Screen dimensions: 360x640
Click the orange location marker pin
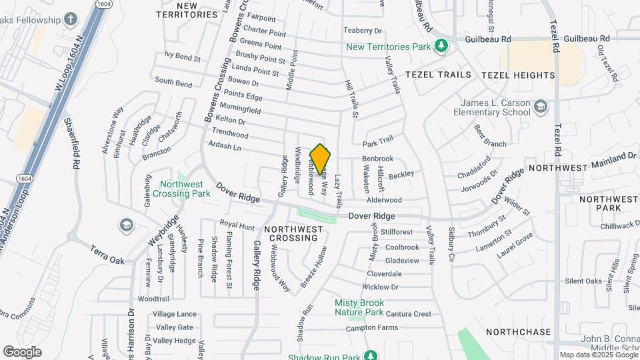point(320,159)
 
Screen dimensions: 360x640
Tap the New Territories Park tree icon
point(441,47)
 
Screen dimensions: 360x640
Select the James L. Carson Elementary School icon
point(541,106)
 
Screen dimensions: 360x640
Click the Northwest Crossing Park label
point(181,189)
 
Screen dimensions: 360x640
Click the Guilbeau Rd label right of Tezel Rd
point(587,39)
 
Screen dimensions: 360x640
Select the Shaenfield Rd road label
point(72,143)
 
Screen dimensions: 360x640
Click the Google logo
point(22,351)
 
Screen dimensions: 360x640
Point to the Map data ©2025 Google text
point(598,355)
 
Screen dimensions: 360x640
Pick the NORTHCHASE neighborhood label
point(519,331)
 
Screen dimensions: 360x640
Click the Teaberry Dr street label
point(362,31)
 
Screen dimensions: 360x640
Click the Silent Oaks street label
point(583,281)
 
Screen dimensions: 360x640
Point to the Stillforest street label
point(398,232)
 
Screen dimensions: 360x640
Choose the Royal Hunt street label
point(237,226)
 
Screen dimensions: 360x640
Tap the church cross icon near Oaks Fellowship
point(71,19)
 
